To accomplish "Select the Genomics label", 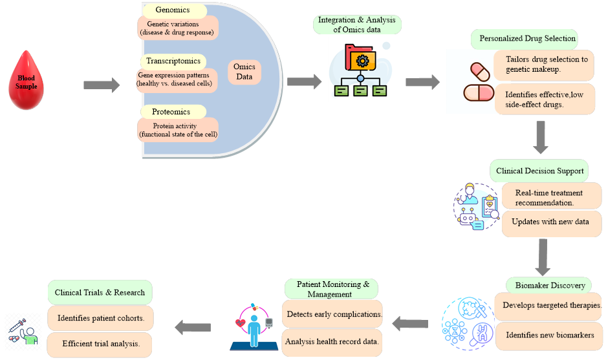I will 173,11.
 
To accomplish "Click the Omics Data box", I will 244,72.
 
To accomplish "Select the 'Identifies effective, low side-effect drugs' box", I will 545,100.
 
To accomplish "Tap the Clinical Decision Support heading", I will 539,171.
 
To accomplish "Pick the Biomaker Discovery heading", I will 550,285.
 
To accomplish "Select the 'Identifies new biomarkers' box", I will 549,335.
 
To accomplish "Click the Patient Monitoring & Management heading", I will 331,289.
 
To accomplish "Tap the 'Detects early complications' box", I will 333,314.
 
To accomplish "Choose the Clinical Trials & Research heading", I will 100,292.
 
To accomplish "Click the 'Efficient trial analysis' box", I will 100,343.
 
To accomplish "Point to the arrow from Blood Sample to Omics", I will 102,85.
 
